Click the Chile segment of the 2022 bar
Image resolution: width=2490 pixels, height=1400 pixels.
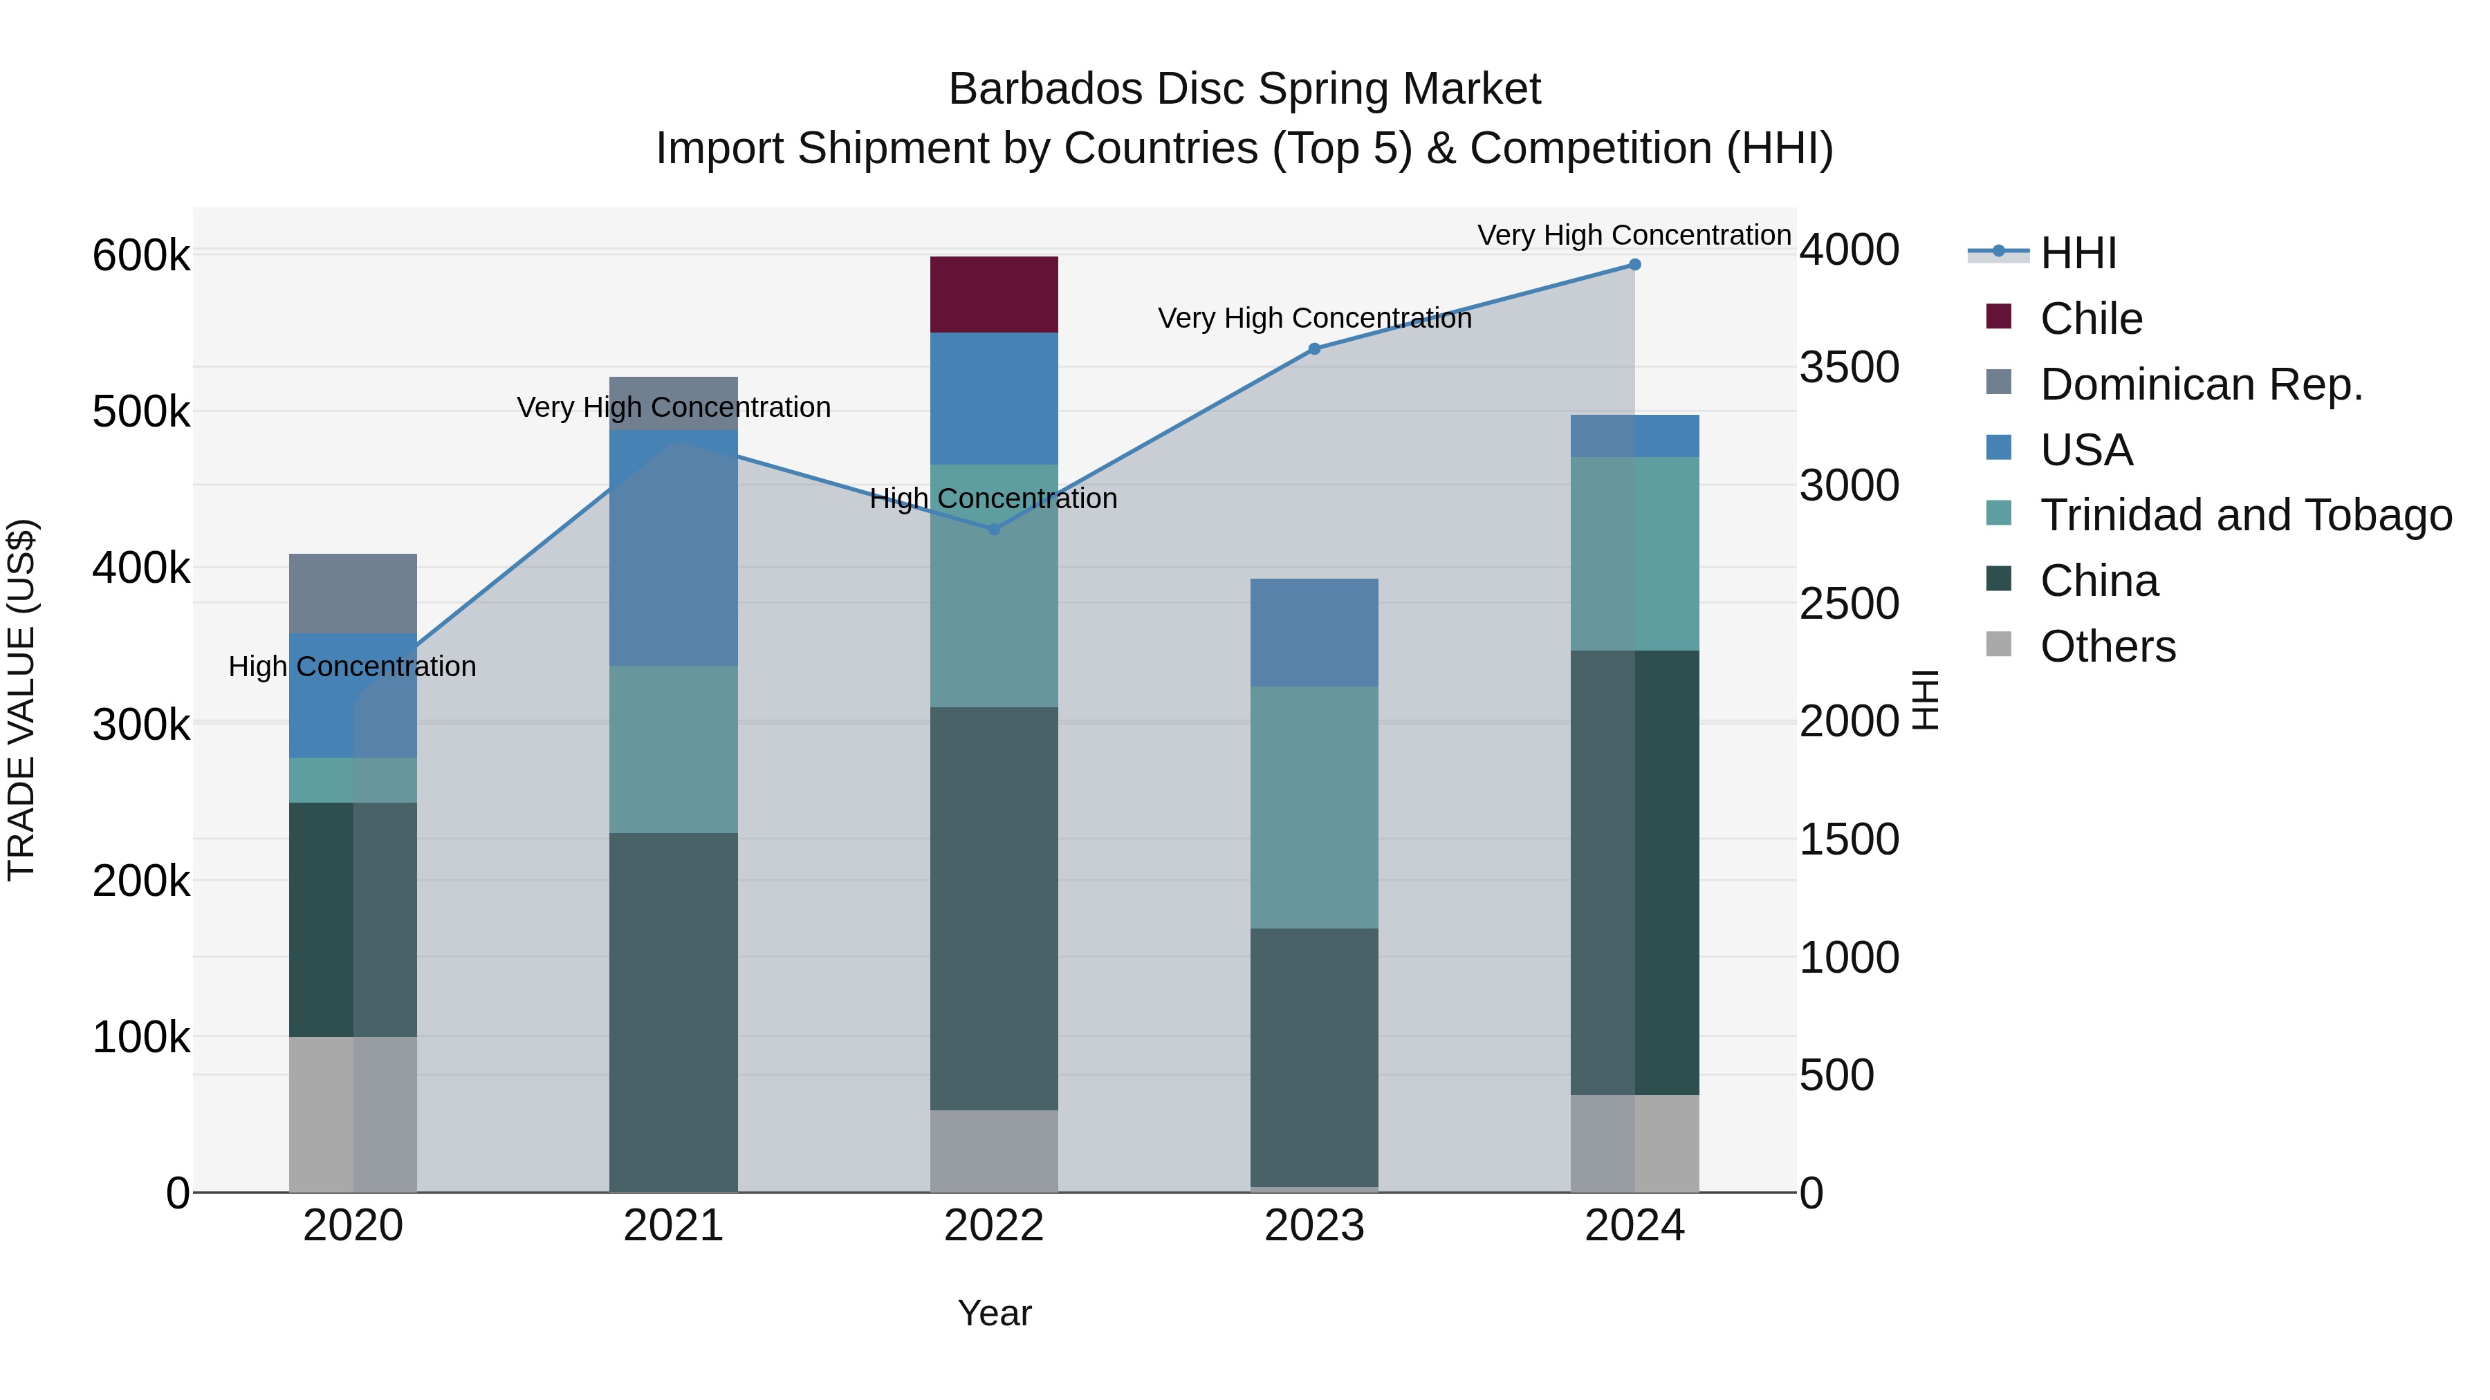point(994,295)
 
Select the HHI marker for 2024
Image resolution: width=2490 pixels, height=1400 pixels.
point(1634,265)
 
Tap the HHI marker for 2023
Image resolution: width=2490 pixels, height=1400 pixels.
point(1313,349)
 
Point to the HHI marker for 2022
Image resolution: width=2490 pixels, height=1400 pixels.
point(994,530)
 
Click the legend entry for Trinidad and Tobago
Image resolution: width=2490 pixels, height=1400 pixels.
point(2245,515)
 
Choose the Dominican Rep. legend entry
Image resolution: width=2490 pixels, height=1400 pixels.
point(2201,384)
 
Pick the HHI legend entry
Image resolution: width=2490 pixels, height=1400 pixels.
point(2078,253)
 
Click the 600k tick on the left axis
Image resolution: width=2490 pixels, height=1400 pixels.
point(141,256)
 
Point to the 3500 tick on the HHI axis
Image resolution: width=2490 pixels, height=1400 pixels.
point(1849,368)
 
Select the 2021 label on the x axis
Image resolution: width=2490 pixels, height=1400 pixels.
point(673,1226)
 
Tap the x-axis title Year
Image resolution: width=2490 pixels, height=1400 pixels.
point(994,1313)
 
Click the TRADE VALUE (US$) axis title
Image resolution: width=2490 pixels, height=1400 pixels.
point(21,700)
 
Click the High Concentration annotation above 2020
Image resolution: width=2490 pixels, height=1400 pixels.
point(352,666)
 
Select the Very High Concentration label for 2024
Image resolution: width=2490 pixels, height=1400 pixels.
point(1634,235)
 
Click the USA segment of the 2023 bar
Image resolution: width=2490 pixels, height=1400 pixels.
point(1313,633)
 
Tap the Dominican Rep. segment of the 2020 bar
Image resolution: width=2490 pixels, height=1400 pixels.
point(353,593)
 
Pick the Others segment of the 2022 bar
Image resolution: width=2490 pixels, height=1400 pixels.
point(994,1150)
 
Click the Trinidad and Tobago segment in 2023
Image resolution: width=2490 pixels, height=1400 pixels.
point(1313,807)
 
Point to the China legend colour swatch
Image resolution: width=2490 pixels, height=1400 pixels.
point(1998,580)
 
